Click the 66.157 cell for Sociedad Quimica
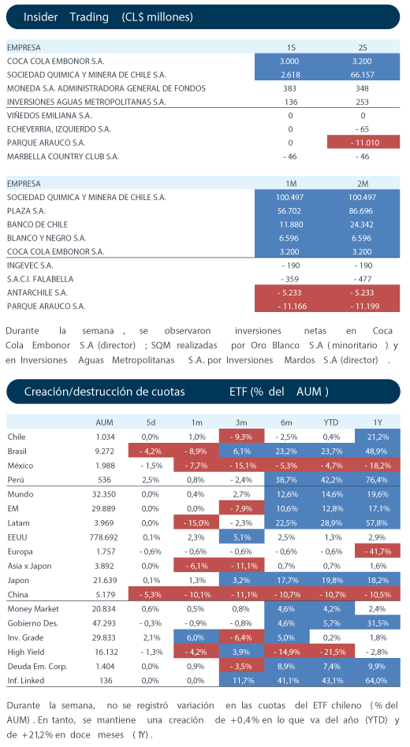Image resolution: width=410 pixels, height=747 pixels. [363, 75]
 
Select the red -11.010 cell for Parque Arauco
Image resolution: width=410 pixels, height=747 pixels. [363, 143]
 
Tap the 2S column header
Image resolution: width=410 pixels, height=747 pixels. [363, 47]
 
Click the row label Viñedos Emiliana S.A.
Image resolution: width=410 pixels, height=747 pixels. [50, 115]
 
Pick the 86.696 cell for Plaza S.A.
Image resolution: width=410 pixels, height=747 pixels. [363, 211]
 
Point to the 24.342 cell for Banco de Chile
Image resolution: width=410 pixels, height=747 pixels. [363, 225]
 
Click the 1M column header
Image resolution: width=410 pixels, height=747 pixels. [290, 184]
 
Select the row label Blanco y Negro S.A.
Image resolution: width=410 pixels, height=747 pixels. [47, 238]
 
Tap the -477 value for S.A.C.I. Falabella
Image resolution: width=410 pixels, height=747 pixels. [363, 279]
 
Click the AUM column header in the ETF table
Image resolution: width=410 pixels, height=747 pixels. [104, 422]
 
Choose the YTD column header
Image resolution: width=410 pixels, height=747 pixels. [331, 422]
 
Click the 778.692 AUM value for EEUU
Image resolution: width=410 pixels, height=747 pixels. [104, 537]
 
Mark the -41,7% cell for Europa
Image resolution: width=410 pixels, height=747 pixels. [377, 552]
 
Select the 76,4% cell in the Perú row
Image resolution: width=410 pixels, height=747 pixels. [377, 480]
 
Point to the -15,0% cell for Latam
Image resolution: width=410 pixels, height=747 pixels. [196, 523]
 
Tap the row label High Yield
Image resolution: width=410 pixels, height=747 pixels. [26, 652]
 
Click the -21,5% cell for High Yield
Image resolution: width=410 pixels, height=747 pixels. [332, 652]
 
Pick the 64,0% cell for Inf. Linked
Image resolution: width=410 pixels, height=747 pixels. [377, 681]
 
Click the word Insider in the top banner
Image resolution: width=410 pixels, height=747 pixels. [40, 17]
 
